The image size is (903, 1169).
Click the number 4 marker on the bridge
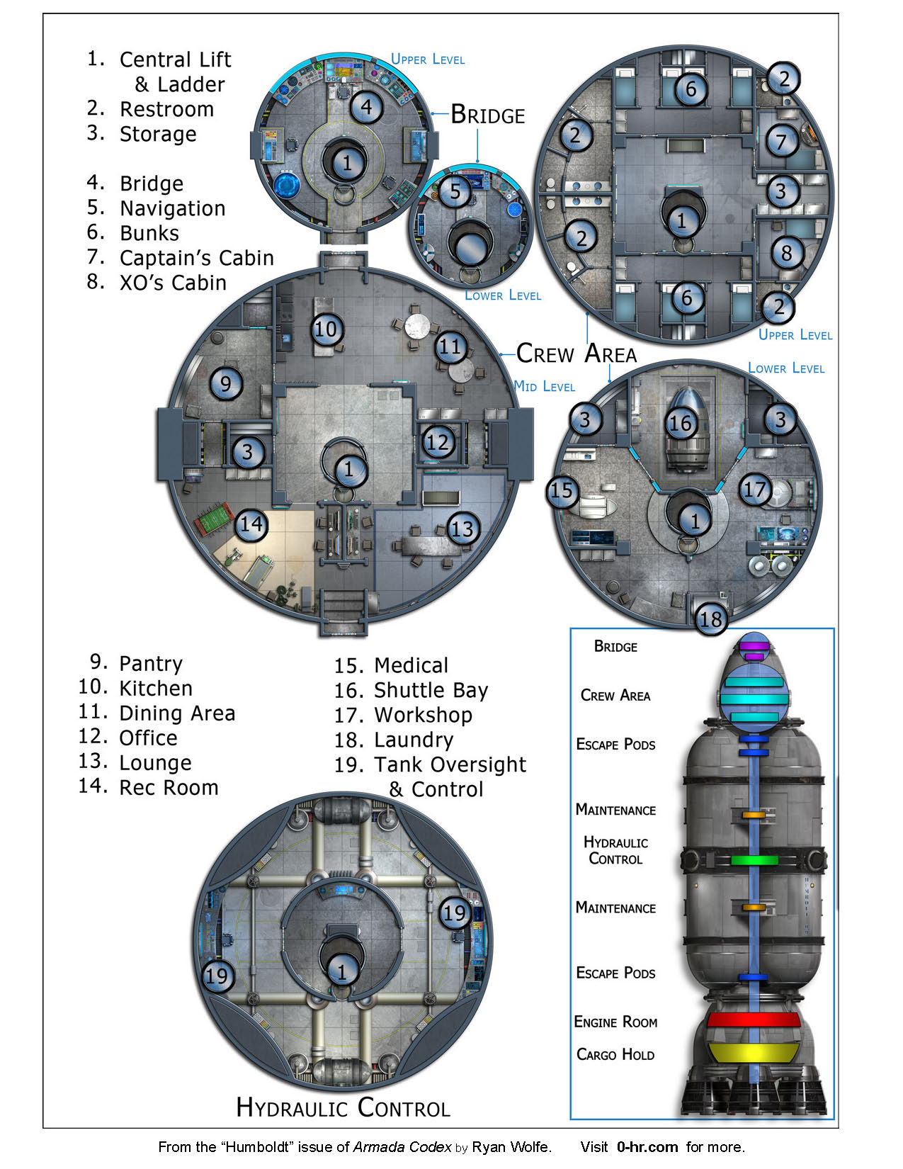coord(366,107)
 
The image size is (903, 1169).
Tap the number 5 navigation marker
coord(455,191)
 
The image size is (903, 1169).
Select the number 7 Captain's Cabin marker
coord(781,142)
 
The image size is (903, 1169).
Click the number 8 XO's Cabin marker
coord(786,253)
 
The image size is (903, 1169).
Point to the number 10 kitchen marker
coord(326,329)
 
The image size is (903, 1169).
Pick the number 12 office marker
coord(438,443)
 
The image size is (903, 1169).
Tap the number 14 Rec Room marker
coord(251,525)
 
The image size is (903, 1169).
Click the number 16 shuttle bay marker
coord(680,424)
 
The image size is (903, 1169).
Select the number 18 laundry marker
coord(710,619)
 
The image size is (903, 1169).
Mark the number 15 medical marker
coord(562,491)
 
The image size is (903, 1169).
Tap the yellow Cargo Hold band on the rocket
coord(753,1052)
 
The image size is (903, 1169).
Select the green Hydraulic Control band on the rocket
coord(753,860)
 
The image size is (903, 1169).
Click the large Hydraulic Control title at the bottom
coord(343,1107)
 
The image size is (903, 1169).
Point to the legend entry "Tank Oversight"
coord(450,765)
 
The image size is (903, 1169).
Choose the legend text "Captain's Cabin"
coord(196,258)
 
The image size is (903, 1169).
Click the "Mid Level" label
coord(544,386)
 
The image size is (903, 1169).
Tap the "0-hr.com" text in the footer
coord(647,1147)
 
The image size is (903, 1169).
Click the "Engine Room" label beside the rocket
coord(615,1022)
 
